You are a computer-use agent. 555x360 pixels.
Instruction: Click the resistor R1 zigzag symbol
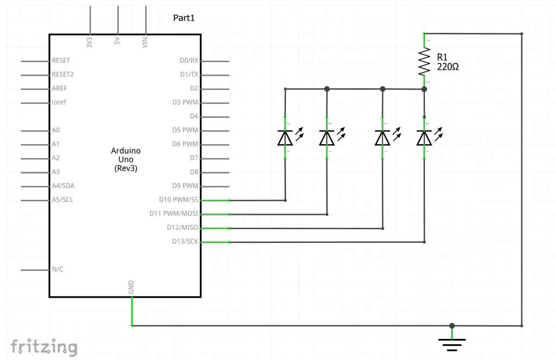point(424,61)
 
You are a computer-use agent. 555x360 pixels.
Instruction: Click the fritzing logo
point(44,346)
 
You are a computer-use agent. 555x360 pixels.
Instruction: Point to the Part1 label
point(183,18)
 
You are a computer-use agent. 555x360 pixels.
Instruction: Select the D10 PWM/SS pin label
point(178,200)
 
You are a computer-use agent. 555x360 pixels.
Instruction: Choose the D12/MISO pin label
point(182,227)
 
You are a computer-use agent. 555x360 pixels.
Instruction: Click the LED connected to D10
point(285,138)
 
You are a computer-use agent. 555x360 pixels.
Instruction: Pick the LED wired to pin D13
point(424,138)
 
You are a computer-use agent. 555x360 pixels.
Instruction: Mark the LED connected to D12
point(383,138)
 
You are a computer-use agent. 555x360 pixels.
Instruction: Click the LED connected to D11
point(326,138)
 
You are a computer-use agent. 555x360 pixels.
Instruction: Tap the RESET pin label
point(61,61)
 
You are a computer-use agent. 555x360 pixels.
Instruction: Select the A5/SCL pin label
point(63,200)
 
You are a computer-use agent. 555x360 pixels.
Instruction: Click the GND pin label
point(131,288)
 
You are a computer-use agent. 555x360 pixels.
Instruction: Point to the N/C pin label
point(57,269)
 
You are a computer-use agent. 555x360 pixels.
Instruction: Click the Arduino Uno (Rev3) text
point(126,159)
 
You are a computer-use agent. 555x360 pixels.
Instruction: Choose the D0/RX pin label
point(189,61)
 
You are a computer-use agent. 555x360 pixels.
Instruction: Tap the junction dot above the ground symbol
point(452,326)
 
